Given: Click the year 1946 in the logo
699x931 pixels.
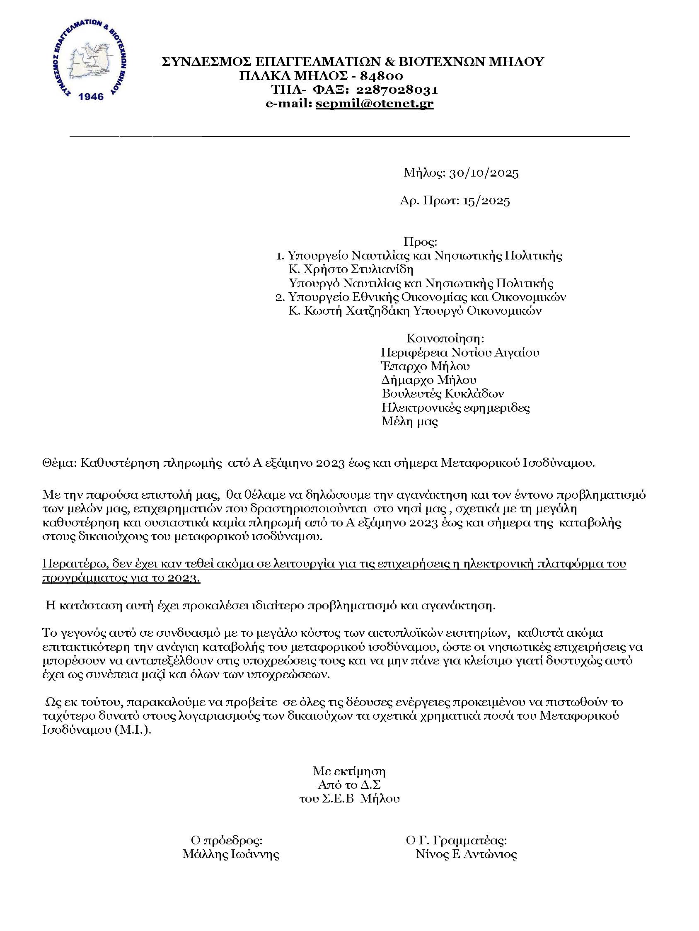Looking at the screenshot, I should pyautogui.click(x=91, y=97).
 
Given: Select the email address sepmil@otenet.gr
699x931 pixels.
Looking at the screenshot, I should pyautogui.click(x=374, y=103).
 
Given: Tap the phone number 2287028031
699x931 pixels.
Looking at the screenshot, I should pyautogui.click(x=397, y=90).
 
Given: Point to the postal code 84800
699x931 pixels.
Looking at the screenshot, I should pyautogui.click(x=382, y=76).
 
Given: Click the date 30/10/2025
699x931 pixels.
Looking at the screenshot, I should pyautogui.click(x=484, y=173).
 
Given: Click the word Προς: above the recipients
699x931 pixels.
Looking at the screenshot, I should pyautogui.click(x=420, y=242).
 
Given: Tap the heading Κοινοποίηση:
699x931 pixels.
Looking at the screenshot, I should pyautogui.click(x=445, y=338).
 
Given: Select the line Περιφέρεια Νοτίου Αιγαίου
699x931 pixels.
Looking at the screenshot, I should pyautogui.click(x=460, y=352).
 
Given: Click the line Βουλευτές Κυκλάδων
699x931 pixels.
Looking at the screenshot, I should pyautogui.click(x=442, y=393).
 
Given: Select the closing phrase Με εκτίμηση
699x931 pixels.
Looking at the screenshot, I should pyautogui.click(x=349, y=771).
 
